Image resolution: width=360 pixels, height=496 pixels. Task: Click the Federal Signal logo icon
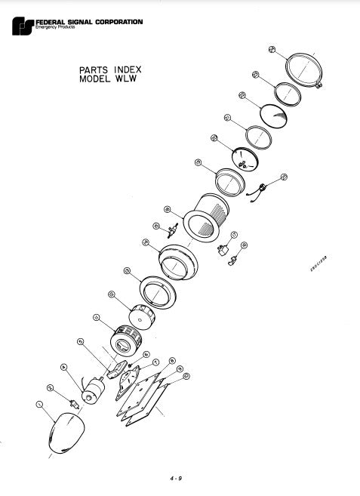click(x=23, y=28)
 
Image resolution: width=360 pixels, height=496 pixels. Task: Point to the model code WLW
click(x=127, y=81)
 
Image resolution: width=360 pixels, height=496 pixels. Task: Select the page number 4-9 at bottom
click(x=176, y=477)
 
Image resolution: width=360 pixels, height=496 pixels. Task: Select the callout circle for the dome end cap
click(x=39, y=405)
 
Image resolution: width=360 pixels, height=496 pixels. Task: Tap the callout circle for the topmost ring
click(x=271, y=50)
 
